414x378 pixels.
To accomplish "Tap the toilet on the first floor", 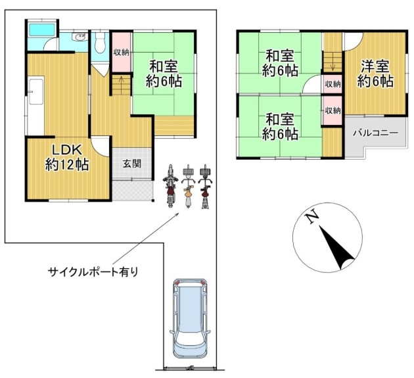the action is point(99,42).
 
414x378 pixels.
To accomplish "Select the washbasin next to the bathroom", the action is point(80,37).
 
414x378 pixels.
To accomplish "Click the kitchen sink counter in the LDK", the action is point(36,91).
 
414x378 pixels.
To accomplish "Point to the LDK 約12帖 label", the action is point(67,158).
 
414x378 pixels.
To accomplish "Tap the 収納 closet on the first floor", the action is point(122,52).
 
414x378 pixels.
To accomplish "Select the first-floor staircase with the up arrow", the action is point(121,85).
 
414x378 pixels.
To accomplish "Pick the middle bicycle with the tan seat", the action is point(188,187).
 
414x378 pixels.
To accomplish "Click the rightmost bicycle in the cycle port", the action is point(205,187).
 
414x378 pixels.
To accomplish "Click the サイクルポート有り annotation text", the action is point(93,272).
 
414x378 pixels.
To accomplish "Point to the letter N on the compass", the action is point(312,216).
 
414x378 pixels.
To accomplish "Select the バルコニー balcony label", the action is point(375,132).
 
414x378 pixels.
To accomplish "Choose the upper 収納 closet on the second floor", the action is point(333,84).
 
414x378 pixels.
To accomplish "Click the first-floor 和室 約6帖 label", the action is point(164,74).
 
